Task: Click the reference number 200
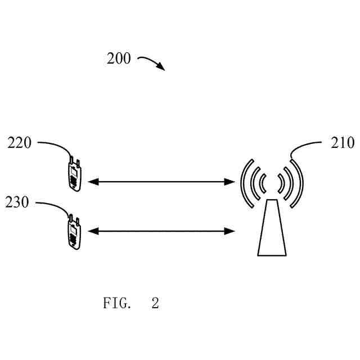click(119, 58)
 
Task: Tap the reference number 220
click(20, 143)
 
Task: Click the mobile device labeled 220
click(74, 175)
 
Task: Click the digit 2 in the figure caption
click(155, 304)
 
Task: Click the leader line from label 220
click(56, 145)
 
